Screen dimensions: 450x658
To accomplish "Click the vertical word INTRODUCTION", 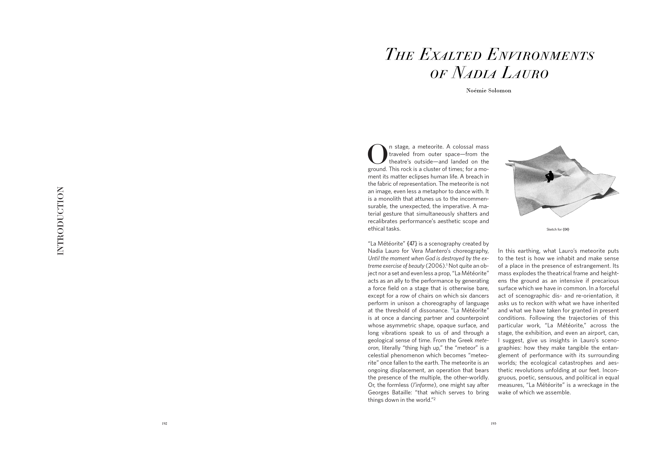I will click(x=60, y=221).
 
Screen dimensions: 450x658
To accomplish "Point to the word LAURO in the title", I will click(x=525, y=73).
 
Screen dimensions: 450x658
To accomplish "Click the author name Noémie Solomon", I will click(x=489, y=91).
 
